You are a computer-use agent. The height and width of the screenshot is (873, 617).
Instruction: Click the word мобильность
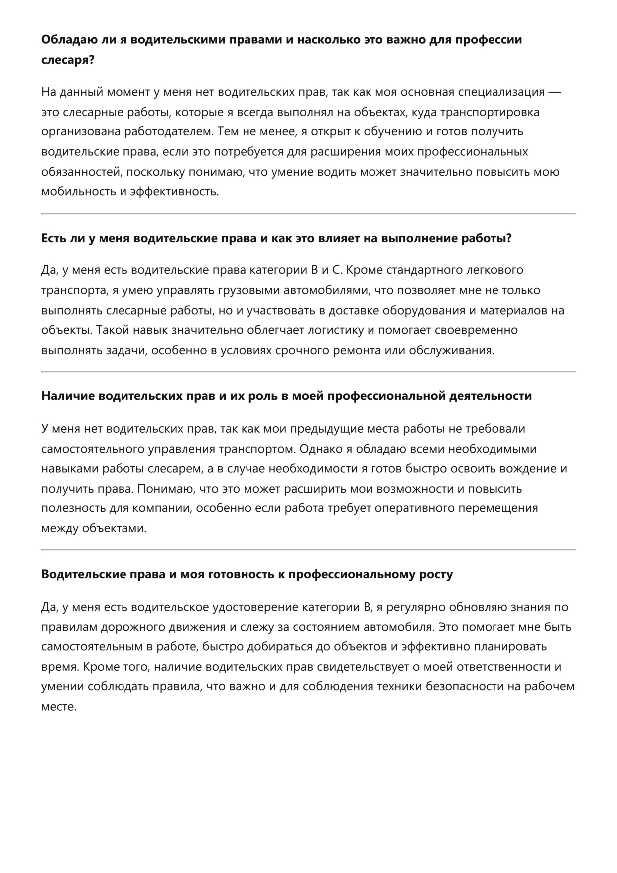click(79, 192)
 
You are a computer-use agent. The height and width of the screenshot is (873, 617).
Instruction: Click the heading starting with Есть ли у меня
click(276, 238)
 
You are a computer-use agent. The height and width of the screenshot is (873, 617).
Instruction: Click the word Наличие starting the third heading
click(68, 396)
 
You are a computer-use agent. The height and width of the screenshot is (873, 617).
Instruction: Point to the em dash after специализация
click(554, 92)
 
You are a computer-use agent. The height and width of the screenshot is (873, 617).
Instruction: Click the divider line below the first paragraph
click(308, 214)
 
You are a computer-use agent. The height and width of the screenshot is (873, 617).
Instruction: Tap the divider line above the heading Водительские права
click(308, 550)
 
